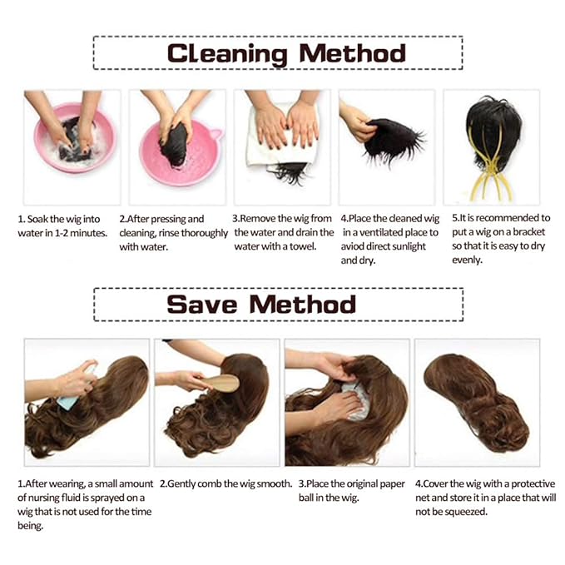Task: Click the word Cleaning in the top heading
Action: (x=227, y=54)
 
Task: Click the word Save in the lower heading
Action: (x=201, y=305)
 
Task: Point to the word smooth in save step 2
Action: (x=276, y=483)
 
